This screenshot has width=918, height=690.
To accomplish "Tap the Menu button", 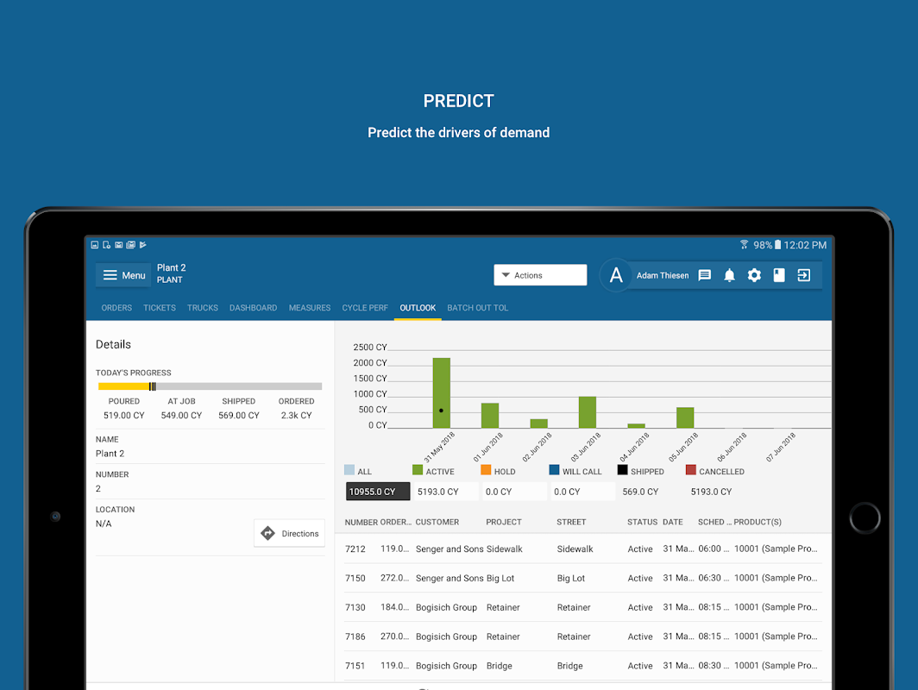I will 123,275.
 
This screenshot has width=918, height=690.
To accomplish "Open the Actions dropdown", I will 540,275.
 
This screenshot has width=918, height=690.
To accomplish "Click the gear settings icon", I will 754,275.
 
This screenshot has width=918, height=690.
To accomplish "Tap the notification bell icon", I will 729,275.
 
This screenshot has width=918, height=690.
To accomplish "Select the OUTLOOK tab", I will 418,308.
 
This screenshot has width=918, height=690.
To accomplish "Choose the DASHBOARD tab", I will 253,308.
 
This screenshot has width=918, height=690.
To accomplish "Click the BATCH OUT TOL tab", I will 477,308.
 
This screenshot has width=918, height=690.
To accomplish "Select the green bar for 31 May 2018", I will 441,392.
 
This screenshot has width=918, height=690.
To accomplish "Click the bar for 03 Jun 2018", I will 587,412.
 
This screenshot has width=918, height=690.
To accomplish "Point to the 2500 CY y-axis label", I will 370,347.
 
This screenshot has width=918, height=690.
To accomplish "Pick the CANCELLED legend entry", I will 715,471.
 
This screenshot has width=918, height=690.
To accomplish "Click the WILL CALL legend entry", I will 575,471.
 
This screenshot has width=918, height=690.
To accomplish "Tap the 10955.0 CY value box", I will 378,492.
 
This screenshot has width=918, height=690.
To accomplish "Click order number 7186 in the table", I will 355,637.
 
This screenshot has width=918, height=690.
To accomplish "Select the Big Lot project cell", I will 500,578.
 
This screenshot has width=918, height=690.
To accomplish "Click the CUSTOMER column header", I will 437,522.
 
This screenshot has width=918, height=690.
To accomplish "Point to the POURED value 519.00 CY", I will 124,415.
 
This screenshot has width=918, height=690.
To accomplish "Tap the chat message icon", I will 705,275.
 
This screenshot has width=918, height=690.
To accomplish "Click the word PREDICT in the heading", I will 458,101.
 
